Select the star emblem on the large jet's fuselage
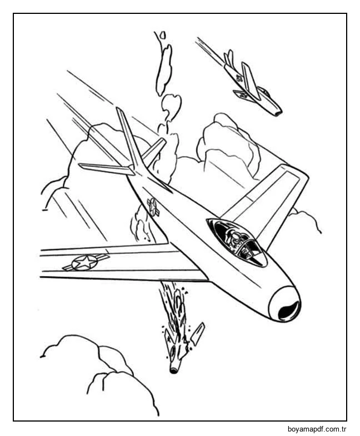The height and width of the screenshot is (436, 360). (x=153, y=207)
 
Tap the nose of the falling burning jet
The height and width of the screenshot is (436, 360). (x=174, y=370)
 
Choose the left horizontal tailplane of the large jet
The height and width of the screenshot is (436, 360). (x=105, y=169)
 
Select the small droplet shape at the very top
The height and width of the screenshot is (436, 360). (x=162, y=35)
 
